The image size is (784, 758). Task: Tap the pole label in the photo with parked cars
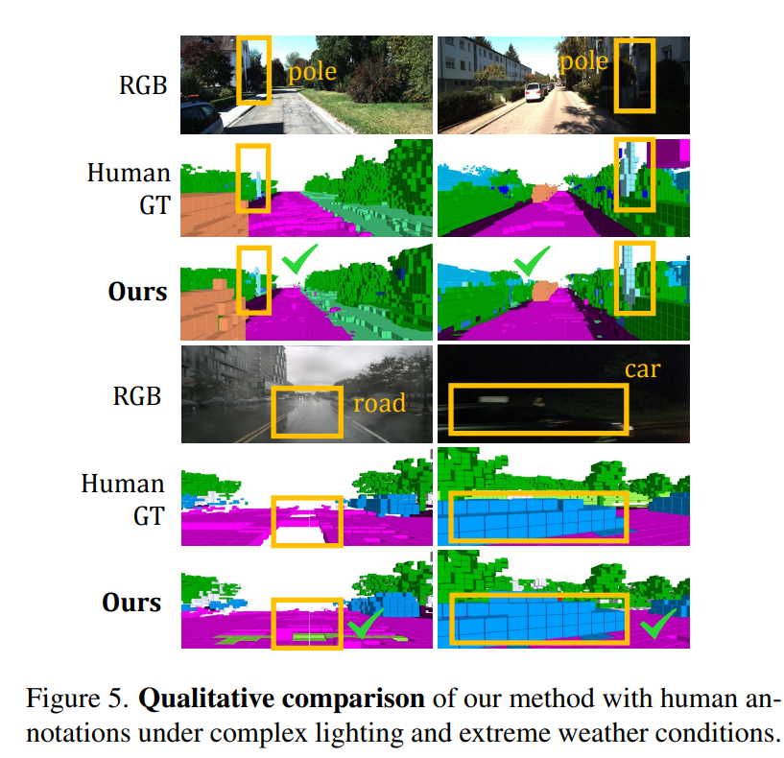(x=583, y=62)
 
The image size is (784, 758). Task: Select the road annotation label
(x=379, y=404)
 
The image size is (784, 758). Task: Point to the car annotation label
(x=642, y=369)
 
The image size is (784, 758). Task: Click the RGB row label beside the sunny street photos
(x=140, y=84)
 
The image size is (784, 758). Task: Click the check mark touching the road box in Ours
(x=363, y=626)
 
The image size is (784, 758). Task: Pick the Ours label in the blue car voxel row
(x=132, y=603)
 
